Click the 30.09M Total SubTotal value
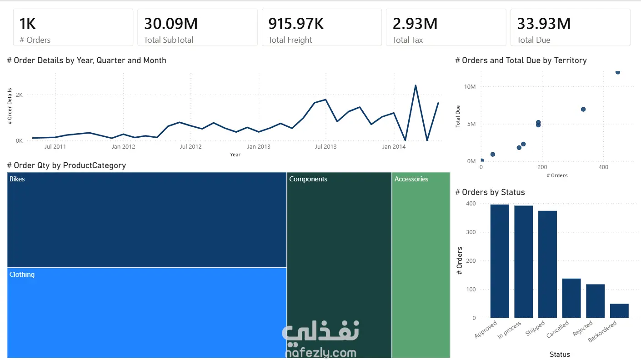pos(171,24)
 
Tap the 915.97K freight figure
pos(296,24)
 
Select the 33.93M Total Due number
pos(544,24)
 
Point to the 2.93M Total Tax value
pos(415,24)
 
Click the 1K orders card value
pos(28,24)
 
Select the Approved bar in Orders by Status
pos(500,261)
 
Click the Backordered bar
pos(619,310)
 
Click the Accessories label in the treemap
pos(411,179)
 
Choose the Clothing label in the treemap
pos(22,275)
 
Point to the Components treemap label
pos(308,179)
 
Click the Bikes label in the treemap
pos(17,179)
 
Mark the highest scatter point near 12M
pos(618,72)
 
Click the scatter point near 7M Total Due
pos(583,109)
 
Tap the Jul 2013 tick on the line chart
pos(326,147)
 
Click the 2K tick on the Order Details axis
pos(19,95)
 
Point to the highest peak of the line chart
pos(416,85)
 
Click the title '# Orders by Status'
pos(490,192)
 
